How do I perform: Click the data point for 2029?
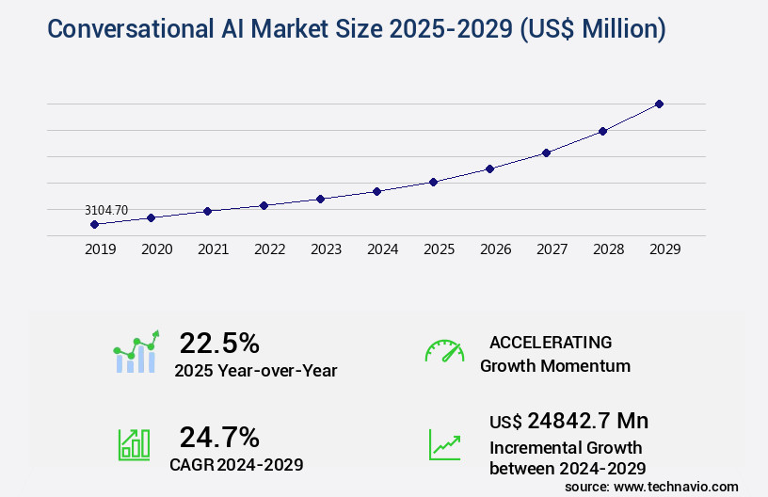tap(659, 104)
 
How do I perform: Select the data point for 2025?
tap(433, 182)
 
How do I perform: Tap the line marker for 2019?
tap(94, 224)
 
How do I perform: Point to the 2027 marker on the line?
tap(546, 152)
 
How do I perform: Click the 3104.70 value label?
tap(106, 210)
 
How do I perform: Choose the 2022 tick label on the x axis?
tap(269, 249)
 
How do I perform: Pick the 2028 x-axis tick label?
tap(608, 249)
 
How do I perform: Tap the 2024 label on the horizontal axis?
tap(382, 249)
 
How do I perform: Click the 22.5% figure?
tap(219, 343)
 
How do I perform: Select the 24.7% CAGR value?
tap(219, 437)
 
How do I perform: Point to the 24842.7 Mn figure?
tap(587, 421)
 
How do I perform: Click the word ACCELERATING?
tap(551, 343)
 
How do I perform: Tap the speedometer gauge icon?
tap(444, 351)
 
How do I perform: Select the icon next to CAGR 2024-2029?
tap(134, 444)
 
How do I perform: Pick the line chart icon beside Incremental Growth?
tap(444, 444)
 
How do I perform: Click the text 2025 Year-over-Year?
tap(255, 371)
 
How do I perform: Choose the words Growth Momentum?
tap(555, 366)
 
